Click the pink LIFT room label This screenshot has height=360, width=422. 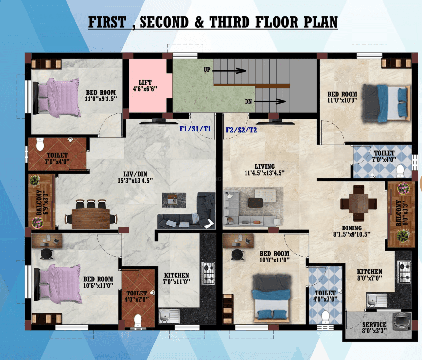(x=145, y=86)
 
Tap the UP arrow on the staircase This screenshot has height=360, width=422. (x=229, y=71)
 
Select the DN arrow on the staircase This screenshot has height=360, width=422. (x=270, y=101)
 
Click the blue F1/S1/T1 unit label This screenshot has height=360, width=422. (x=195, y=129)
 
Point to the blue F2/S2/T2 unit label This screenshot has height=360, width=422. (x=241, y=130)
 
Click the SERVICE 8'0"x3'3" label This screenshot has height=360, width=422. (x=374, y=327)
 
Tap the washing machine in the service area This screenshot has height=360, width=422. (x=402, y=321)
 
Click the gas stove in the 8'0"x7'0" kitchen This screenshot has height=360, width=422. (x=404, y=271)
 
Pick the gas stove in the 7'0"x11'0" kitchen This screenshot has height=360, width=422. (x=209, y=273)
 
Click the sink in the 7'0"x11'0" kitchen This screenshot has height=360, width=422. (x=169, y=316)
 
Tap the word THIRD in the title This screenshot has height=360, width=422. (x=230, y=22)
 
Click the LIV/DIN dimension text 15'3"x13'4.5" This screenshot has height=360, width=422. (x=136, y=180)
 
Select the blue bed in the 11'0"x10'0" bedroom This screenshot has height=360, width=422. (x=386, y=103)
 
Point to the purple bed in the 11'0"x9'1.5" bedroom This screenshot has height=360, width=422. (x=56, y=98)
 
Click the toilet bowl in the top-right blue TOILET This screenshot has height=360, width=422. (x=400, y=171)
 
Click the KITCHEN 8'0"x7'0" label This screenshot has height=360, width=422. (x=370, y=275)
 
